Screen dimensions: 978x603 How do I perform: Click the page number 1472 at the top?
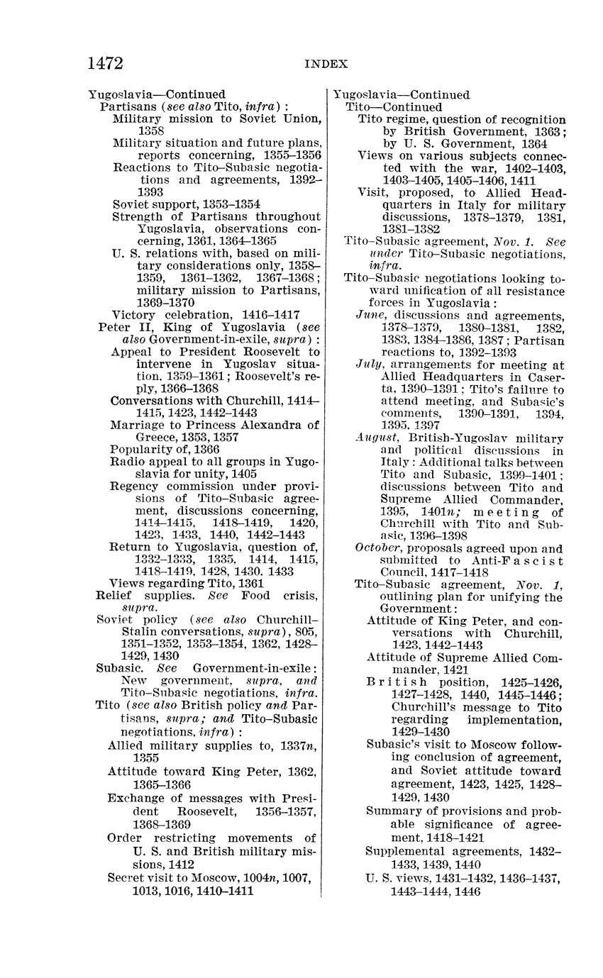coord(105,63)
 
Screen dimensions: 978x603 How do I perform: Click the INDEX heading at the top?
coord(326,64)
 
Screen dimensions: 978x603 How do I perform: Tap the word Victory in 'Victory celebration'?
coord(132,314)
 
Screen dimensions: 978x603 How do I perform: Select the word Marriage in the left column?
coord(135,425)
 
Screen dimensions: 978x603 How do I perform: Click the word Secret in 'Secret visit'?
coord(126,877)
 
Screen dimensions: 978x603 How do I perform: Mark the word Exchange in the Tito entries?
coord(135,798)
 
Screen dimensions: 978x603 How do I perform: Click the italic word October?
coord(377,548)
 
